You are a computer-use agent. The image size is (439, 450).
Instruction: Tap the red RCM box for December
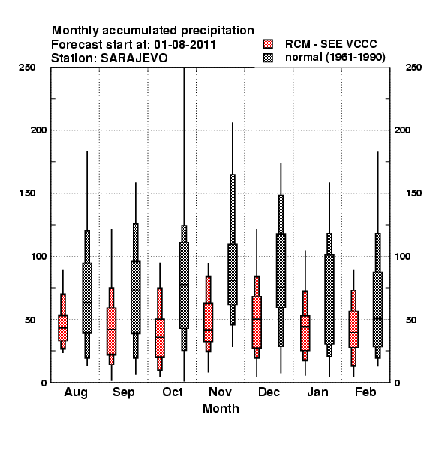pos(257,322)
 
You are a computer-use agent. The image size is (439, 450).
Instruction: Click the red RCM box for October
pos(160,337)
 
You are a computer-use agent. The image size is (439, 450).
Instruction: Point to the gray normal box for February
pos(378,309)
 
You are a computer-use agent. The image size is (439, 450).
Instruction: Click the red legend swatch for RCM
pos(268,44)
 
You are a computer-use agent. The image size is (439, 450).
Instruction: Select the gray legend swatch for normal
pos(268,58)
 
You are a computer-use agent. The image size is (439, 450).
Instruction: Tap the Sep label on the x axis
pos(124,392)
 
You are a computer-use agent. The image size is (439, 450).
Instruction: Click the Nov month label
pos(220,391)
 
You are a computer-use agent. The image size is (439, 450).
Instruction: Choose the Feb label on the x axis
pos(365,391)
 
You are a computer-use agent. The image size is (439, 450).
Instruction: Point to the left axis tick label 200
pos(38,130)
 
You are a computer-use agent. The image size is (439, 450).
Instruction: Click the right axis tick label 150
pos(413,193)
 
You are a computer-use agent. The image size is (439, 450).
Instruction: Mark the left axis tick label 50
pos(30,319)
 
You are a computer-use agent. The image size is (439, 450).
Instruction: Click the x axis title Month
pos(221,409)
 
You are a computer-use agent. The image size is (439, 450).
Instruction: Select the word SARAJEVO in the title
pos(134,58)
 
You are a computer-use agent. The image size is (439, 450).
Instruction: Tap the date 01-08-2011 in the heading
pos(185,45)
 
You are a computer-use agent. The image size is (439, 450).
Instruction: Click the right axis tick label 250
pos(413,67)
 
